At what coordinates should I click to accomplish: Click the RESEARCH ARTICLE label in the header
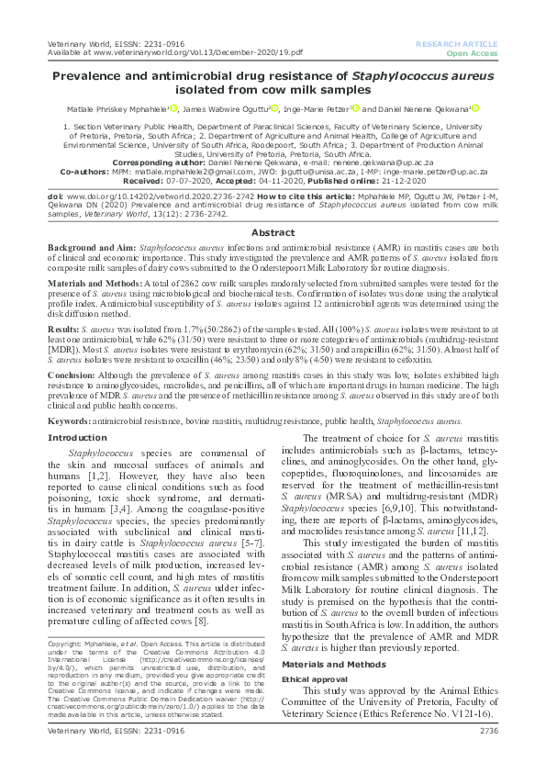coord(456,44)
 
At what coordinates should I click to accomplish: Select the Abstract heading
coord(273,233)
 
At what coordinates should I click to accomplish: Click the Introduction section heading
coord(76,438)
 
